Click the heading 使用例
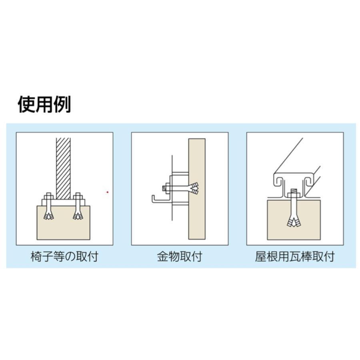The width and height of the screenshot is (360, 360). point(44,104)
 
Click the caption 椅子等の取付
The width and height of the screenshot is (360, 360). point(64,256)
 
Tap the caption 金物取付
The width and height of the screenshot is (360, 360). point(180,256)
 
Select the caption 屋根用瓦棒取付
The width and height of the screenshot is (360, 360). point(295,256)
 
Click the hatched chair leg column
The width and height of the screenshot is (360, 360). point(63,168)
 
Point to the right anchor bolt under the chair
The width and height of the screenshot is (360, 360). point(78,208)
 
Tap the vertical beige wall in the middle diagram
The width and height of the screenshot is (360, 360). point(197,216)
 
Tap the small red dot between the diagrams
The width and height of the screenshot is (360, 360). point(108,192)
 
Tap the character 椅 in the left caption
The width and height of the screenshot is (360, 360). point(36,256)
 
